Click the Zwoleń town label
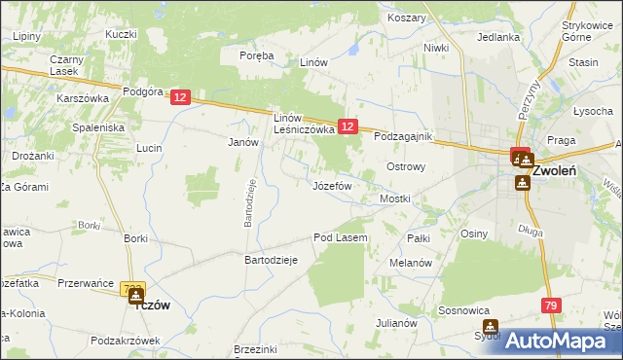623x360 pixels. point(559,169)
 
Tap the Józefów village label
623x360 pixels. point(332,185)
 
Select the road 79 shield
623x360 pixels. point(552,306)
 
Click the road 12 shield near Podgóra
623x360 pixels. point(180,97)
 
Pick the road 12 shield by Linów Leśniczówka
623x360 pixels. point(349,126)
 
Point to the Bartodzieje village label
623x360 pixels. point(270,260)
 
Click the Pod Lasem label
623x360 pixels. point(340,237)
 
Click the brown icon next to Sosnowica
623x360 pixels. point(490,328)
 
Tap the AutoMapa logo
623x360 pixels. point(558,341)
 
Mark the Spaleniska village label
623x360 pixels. point(98,127)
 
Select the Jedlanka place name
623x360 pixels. point(498,37)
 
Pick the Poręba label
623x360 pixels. point(258,56)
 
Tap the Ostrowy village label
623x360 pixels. point(407,166)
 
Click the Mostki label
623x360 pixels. point(395,198)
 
